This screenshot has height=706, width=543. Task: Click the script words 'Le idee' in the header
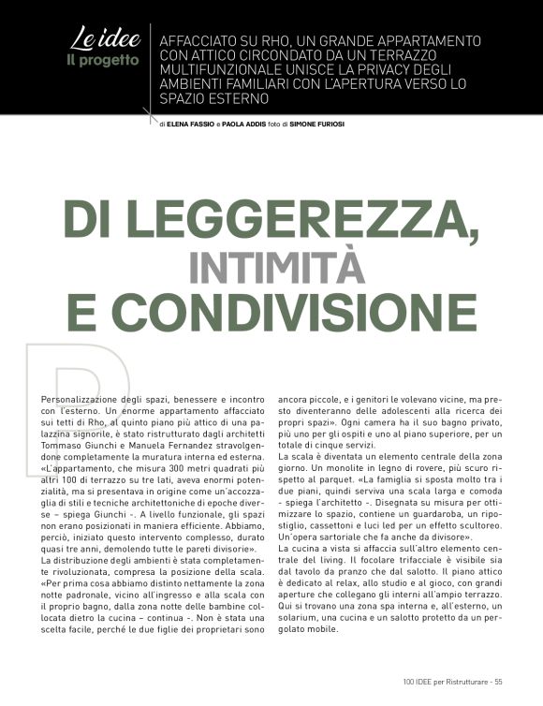click(107, 38)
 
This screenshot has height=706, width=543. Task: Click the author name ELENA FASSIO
click(192, 124)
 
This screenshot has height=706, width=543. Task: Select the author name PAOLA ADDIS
click(246, 124)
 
